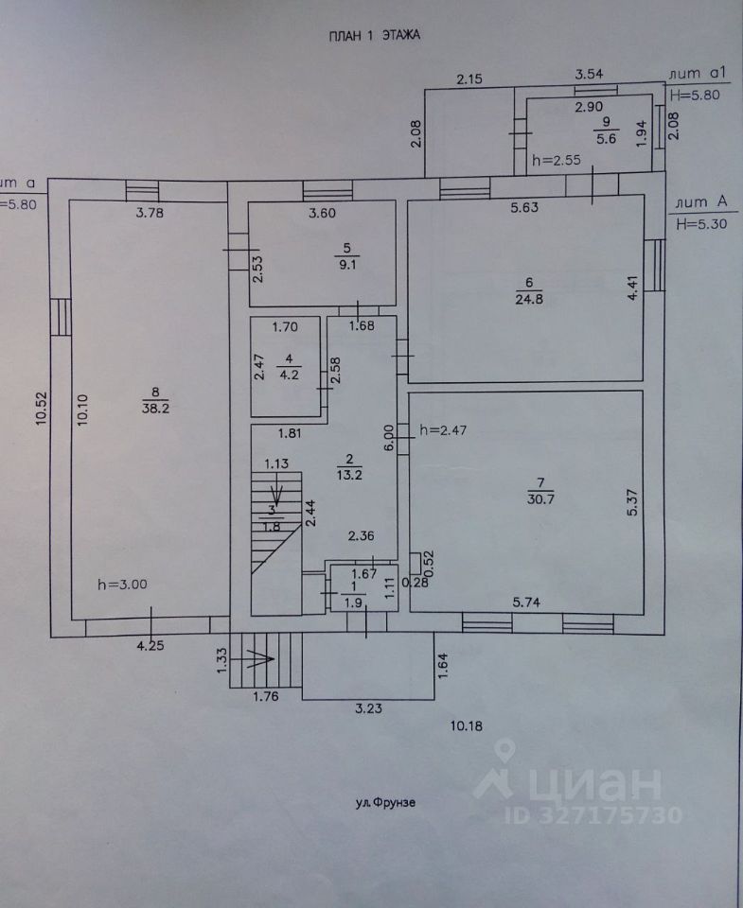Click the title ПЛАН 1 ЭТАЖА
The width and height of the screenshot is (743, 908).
click(373, 35)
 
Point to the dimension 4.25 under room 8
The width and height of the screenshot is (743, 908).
click(150, 646)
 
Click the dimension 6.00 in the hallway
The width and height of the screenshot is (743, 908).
click(389, 436)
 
